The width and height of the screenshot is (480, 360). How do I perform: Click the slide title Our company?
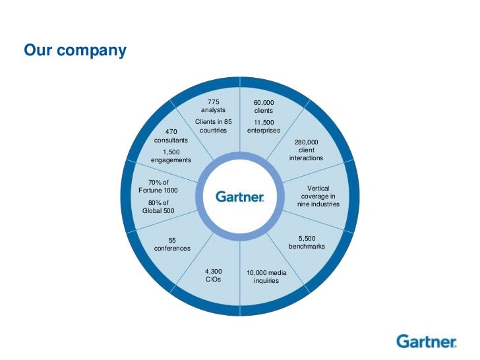(75, 50)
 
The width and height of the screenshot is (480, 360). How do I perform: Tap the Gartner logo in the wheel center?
(240, 196)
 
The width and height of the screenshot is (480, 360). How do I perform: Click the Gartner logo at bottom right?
(427, 342)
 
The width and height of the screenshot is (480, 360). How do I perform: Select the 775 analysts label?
(213, 106)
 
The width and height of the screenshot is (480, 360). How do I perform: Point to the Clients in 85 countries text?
(213, 126)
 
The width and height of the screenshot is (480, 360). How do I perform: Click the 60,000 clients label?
(264, 107)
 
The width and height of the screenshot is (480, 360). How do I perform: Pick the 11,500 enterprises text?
(264, 127)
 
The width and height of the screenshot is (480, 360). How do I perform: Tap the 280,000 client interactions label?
(306, 150)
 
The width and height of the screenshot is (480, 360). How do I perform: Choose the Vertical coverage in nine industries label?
(318, 196)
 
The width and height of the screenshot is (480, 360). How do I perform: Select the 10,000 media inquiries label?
(266, 276)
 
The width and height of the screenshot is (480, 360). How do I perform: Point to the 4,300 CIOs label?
(213, 275)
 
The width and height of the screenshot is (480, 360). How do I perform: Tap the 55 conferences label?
(172, 245)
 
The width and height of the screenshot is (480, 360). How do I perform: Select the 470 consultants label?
(171, 136)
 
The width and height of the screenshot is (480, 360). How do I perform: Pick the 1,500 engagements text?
(171, 156)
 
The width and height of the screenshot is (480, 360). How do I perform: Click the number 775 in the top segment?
(213, 102)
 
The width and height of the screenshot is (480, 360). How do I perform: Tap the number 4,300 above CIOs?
(213, 271)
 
